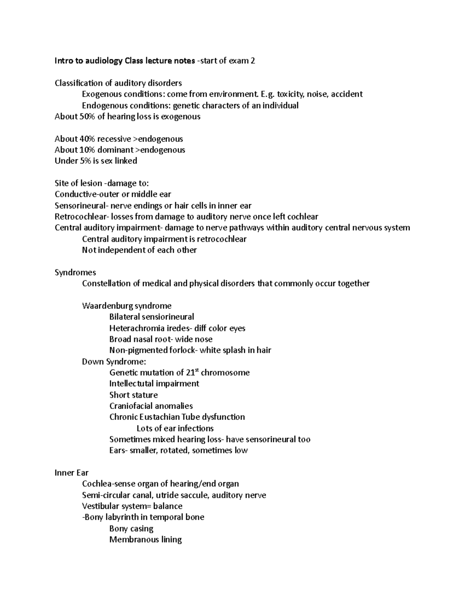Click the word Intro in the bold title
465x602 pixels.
[x=63, y=61]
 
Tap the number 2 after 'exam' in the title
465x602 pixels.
[x=253, y=61]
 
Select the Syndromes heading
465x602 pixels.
[x=75, y=273]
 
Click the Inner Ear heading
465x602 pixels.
[x=72, y=473]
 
